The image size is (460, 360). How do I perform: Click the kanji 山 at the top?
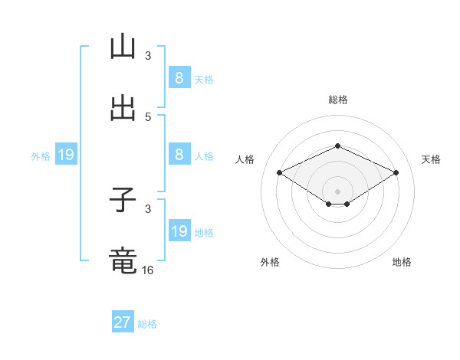click(x=123, y=48)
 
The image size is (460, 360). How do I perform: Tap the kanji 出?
click(x=123, y=109)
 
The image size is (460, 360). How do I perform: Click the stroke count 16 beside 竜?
click(x=148, y=270)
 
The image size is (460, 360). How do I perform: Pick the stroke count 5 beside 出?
click(x=148, y=116)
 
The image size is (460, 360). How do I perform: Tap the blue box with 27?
click(x=123, y=322)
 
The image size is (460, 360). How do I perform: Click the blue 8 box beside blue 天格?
click(x=179, y=78)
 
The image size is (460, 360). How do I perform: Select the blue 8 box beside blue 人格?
click(x=179, y=155)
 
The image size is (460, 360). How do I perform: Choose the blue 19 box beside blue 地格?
click(x=179, y=231)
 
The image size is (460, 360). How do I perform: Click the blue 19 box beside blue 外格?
click(x=66, y=155)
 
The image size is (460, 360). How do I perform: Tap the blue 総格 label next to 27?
click(x=147, y=324)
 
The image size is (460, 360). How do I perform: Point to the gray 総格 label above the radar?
click(x=337, y=100)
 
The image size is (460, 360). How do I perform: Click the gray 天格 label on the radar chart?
click(x=432, y=159)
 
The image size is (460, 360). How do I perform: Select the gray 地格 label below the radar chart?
click(x=402, y=262)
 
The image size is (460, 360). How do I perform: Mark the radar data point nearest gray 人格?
click(x=279, y=173)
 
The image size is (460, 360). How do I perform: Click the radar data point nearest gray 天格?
click(x=396, y=173)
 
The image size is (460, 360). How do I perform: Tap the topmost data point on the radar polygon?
click(x=337, y=146)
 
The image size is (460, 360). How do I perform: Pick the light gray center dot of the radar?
click(x=337, y=191)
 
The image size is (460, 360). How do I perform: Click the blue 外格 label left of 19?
click(x=41, y=156)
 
